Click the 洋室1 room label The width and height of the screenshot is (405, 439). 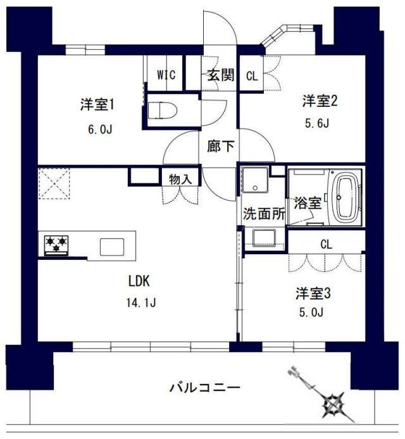click(x=101, y=104)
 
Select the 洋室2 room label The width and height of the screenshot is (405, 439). click(x=318, y=100)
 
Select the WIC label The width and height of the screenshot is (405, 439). click(x=166, y=75)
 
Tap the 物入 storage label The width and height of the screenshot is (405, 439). click(x=180, y=179)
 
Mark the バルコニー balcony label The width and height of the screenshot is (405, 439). click(x=204, y=386)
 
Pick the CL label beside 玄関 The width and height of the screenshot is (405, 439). click(x=251, y=76)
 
